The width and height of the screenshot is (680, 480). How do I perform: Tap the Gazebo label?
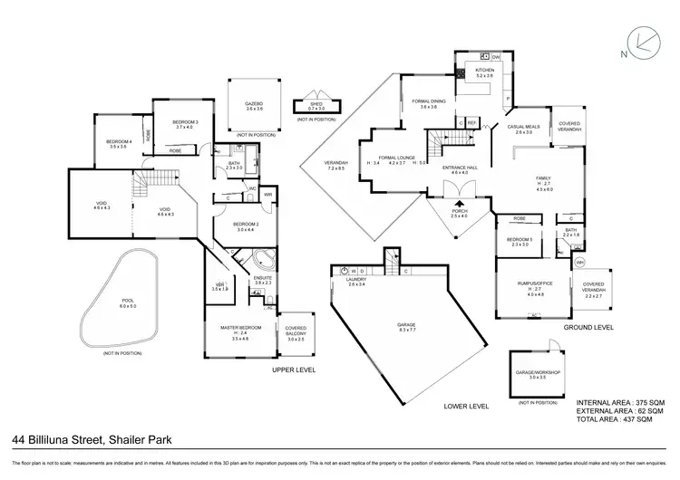pyautogui.click(x=254, y=104)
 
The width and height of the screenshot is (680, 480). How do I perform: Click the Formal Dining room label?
pyautogui.click(x=428, y=101)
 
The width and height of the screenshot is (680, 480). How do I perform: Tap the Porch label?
pyautogui.click(x=460, y=211)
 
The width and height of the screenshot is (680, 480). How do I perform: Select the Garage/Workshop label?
pyautogui.click(x=538, y=371)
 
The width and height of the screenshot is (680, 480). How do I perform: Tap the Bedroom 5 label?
pyautogui.click(x=520, y=239)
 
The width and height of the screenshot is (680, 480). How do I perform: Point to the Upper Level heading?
pyautogui.click(x=295, y=370)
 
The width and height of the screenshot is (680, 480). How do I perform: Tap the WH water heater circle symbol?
pyautogui.click(x=580, y=263)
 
